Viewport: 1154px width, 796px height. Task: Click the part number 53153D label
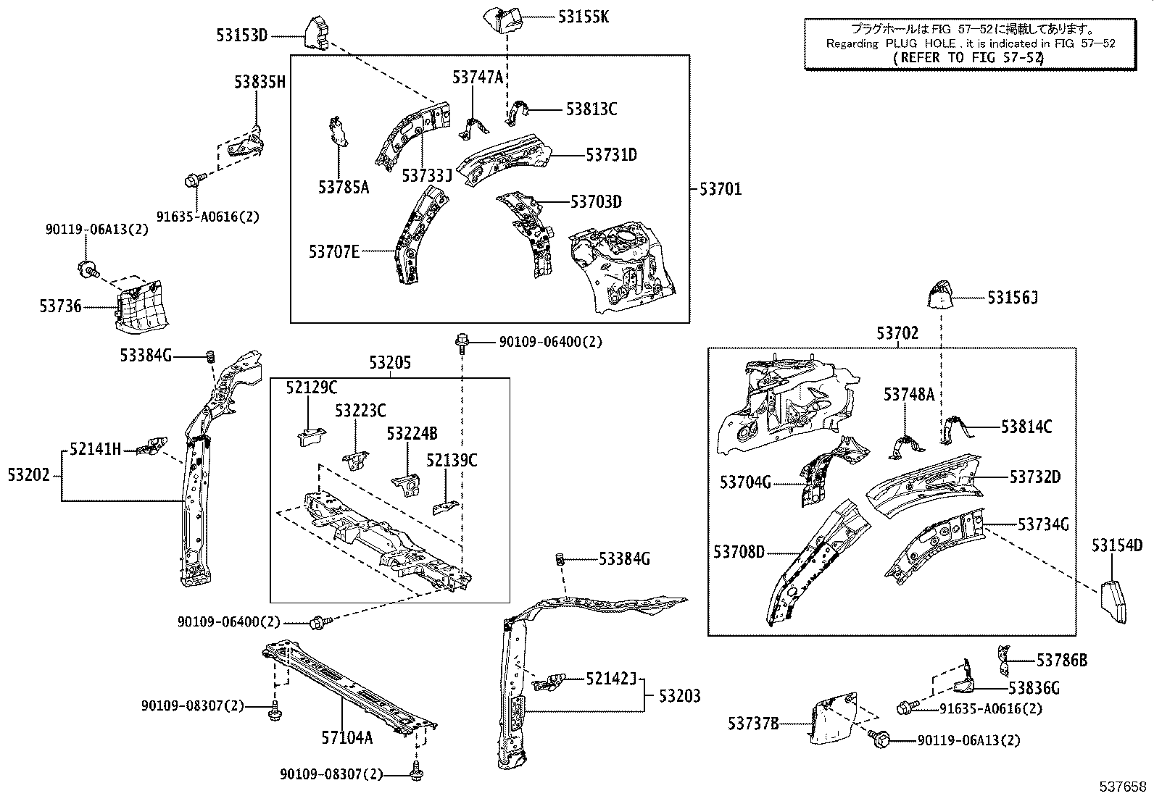coord(242,35)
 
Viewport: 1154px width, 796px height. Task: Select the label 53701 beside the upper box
coord(720,190)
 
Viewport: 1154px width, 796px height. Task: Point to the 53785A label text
coord(344,188)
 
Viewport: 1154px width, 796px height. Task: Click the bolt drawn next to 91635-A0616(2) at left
coord(195,178)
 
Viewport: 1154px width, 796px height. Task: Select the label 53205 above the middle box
coord(389,363)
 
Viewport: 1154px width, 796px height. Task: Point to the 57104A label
coord(347,738)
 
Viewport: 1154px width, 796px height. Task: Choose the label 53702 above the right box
coord(897,333)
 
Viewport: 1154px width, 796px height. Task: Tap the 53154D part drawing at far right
coord(1113,600)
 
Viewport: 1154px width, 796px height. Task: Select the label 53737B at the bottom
coord(753,723)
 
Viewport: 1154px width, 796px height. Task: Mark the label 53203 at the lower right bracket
coord(679,696)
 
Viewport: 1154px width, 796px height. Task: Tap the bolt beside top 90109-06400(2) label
coord(462,342)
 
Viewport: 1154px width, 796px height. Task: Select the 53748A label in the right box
coord(908,395)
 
